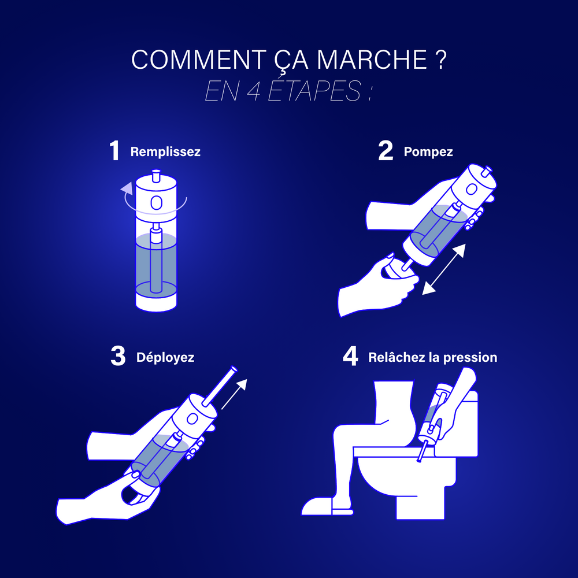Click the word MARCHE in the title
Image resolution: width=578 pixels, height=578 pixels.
click(x=372, y=59)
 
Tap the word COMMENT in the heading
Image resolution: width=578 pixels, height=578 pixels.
click(x=198, y=59)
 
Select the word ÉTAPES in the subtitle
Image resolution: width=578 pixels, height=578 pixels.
click(x=314, y=90)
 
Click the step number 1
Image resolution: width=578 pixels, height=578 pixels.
click(x=114, y=151)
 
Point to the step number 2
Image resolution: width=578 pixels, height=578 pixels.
click(x=386, y=151)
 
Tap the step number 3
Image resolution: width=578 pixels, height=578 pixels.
click(x=118, y=356)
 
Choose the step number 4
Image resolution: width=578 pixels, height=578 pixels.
click(x=350, y=356)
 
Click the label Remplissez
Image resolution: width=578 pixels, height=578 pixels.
click(x=165, y=151)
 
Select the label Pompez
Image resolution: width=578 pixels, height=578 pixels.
click(x=428, y=151)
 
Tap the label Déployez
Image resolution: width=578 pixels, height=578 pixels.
click(x=165, y=357)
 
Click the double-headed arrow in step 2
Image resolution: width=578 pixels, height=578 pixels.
click(x=443, y=269)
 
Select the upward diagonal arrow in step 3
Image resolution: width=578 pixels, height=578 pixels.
click(x=234, y=394)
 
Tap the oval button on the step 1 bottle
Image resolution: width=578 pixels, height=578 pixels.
click(x=156, y=202)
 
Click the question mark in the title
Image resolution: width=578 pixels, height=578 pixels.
click(x=440, y=59)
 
